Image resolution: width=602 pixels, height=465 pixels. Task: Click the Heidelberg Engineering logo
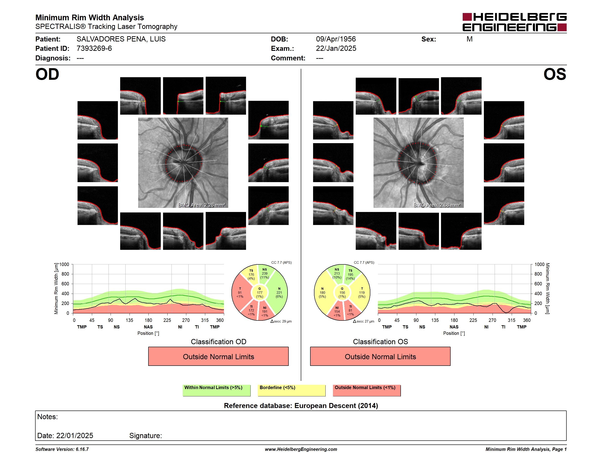[x=514, y=22]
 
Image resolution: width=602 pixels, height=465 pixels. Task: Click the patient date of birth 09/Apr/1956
[x=336, y=39]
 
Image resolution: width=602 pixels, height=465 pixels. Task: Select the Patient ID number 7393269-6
[x=94, y=49]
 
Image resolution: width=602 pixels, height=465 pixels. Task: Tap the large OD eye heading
[x=47, y=74]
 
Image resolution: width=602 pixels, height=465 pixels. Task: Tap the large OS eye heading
[x=555, y=74]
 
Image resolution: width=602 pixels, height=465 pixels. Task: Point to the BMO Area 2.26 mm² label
[x=202, y=205]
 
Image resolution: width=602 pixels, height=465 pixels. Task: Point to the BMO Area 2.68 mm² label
[x=437, y=205]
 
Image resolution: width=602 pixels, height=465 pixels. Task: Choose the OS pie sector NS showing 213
[x=337, y=273]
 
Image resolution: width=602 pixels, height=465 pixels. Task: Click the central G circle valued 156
[x=342, y=292]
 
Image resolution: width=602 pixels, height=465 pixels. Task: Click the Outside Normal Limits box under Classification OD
[x=218, y=356]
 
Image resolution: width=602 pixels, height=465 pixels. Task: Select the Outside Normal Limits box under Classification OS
[x=380, y=356]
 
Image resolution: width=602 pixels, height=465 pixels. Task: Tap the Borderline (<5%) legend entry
[x=292, y=390]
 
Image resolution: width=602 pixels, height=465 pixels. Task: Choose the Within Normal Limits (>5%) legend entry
[x=216, y=390]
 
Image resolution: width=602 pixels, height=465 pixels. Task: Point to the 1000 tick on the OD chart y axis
[x=64, y=264]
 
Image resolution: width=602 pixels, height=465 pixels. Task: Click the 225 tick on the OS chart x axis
[x=473, y=320]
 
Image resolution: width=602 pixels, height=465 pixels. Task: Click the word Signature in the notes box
[x=145, y=436]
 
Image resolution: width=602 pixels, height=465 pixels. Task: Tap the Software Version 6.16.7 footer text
[x=62, y=449]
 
